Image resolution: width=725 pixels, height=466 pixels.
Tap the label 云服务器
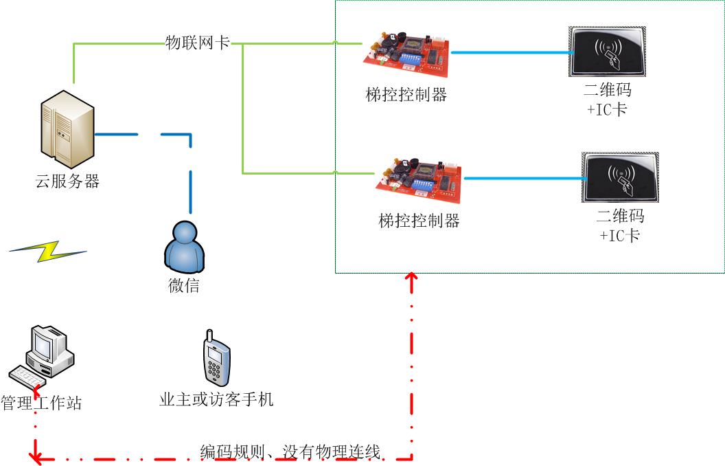pos(67,181)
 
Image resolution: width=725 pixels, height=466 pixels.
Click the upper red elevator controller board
pos(406,54)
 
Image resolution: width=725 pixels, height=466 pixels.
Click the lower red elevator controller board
pos(418,180)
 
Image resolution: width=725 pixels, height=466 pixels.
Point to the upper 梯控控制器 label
pos(406,94)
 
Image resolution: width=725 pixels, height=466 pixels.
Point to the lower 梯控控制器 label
pos(419,221)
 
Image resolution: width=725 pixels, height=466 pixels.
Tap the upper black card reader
pos(607,52)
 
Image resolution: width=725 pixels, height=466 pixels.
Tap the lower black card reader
pos(621,177)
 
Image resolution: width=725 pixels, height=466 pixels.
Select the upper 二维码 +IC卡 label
pos(607,100)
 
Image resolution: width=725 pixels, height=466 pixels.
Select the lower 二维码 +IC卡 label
pos(620,225)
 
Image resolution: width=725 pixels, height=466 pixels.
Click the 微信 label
pos(184,285)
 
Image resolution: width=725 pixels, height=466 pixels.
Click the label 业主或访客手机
pos(216,399)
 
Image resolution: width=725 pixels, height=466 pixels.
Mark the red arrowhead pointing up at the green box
pos(411,278)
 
